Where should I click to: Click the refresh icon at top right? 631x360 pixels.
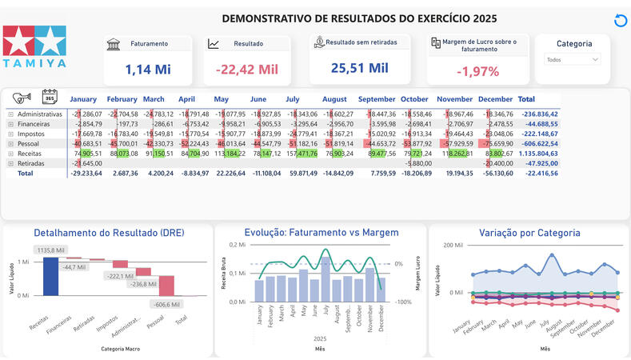(x=621, y=21)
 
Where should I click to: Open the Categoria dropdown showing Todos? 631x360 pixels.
(x=572, y=59)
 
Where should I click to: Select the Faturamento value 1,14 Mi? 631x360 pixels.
(x=148, y=70)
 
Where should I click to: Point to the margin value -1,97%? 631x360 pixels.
(x=477, y=71)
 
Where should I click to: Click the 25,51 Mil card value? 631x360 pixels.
(x=359, y=68)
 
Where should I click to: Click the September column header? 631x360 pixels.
(x=377, y=99)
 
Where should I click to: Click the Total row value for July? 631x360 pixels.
(x=303, y=173)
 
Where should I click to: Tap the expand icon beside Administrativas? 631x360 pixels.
(x=11, y=114)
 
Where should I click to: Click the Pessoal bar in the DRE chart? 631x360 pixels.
(x=166, y=286)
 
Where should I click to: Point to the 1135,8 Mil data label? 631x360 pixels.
(x=50, y=250)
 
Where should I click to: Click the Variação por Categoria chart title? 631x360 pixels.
(x=529, y=233)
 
